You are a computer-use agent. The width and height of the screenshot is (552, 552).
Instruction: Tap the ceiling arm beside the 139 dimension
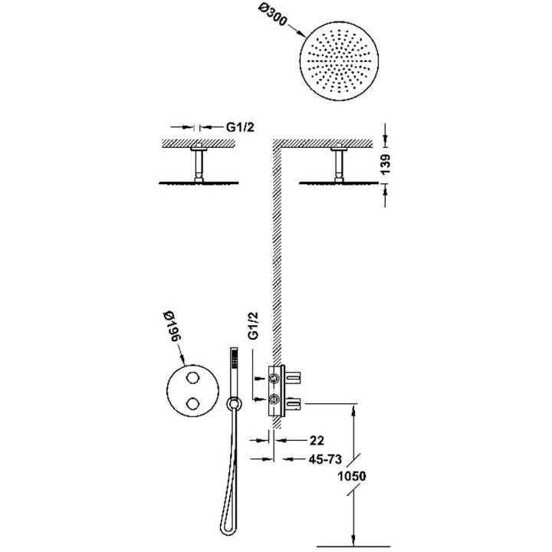[336, 163]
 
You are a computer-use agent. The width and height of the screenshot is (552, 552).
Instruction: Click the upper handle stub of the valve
[295, 376]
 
